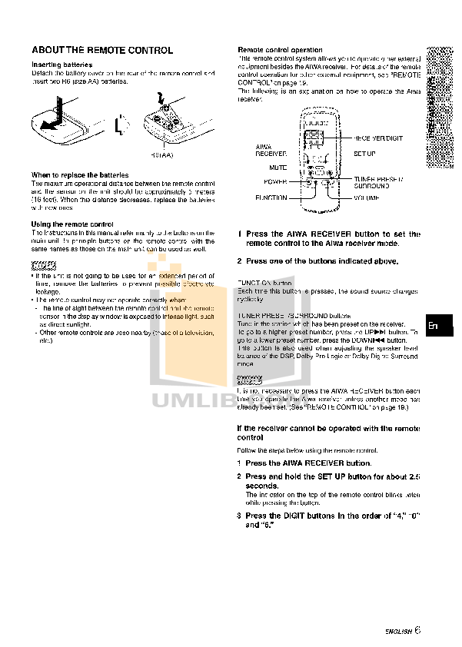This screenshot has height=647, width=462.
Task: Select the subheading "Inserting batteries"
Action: click(61, 65)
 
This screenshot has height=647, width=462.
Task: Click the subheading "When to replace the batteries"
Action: click(80, 174)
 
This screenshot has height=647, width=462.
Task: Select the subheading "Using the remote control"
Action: click(72, 224)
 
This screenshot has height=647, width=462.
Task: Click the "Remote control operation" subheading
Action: click(280, 49)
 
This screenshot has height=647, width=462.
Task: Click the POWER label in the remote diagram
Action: click(275, 182)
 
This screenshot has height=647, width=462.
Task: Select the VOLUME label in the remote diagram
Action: click(369, 197)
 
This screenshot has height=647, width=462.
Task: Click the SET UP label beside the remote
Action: click(364, 154)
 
